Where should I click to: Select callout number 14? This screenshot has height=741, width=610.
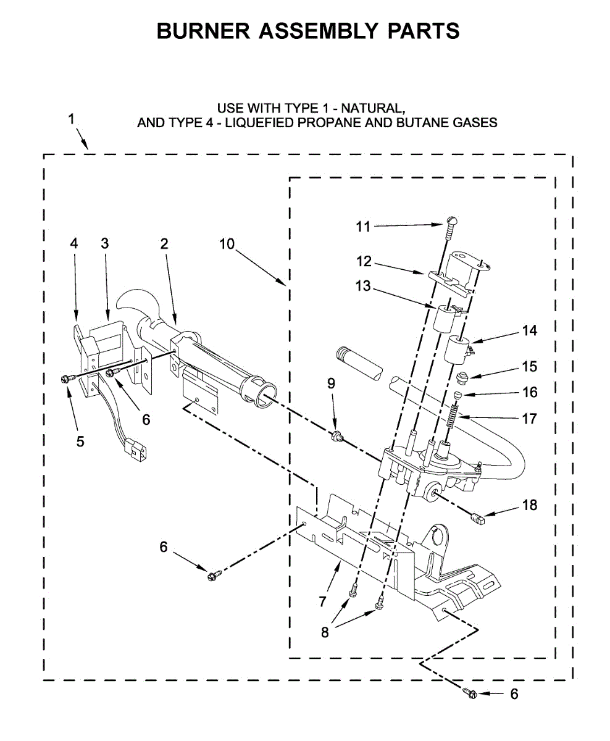(x=529, y=330)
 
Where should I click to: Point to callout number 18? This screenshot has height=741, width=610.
(x=529, y=506)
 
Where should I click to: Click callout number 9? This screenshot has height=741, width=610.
(x=331, y=383)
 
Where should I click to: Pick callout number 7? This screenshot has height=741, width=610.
(x=322, y=600)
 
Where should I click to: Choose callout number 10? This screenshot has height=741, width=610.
(x=227, y=244)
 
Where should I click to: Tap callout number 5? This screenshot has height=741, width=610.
(x=80, y=442)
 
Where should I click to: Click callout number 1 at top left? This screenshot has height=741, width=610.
(x=72, y=119)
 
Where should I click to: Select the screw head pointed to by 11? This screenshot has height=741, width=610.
(x=452, y=220)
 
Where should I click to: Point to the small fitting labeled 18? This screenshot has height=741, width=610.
(x=478, y=519)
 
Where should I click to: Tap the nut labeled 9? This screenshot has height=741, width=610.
(x=336, y=437)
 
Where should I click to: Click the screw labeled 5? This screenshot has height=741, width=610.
(x=66, y=377)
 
